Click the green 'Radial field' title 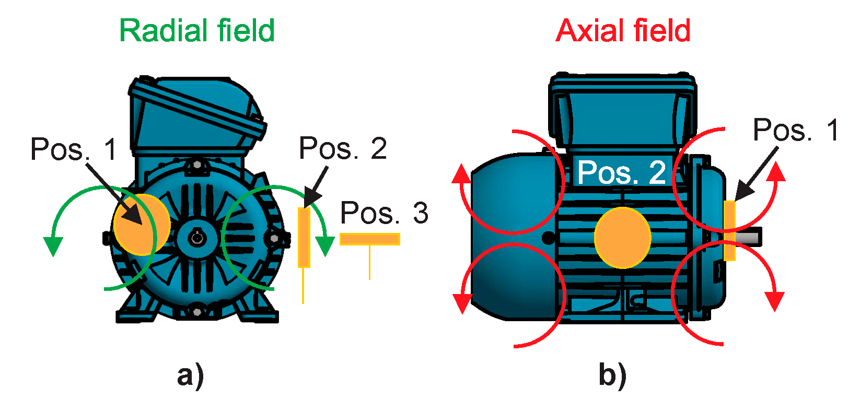coord(197,31)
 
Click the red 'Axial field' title coord(623,31)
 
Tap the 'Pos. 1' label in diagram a coord(74,149)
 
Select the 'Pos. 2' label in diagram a coord(343,148)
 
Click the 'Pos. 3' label coord(384,213)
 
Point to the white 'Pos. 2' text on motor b coord(621,172)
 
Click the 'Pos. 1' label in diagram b coord(795,130)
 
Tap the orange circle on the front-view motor coord(142,225)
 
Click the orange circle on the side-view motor coord(622,238)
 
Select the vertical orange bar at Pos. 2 coord(304,238)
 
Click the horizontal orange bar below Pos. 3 coord(369,239)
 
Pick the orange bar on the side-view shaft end coord(729,230)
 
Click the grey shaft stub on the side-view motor coord(749,237)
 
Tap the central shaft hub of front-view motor coord(197,239)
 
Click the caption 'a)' coord(190,375)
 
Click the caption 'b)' coord(612,375)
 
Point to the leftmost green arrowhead coord(53,245)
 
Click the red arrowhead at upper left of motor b coord(461,174)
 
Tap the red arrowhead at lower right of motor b coord(774,301)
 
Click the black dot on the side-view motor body coord(548,238)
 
